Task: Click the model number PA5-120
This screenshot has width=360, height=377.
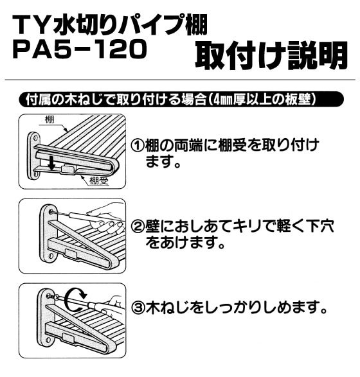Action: point(80,49)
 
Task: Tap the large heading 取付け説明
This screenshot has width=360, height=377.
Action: point(271,55)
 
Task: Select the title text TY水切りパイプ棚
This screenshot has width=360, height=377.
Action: point(110,24)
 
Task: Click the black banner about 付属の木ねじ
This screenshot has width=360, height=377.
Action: point(181,99)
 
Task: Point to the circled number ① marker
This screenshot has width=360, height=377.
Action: point(138,145)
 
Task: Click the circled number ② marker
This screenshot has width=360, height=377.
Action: point(138,226)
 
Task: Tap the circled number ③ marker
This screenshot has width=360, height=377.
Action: point(138,307)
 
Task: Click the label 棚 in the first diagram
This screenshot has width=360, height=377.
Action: point(50,119)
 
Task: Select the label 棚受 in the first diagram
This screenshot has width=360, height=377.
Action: point(99,180)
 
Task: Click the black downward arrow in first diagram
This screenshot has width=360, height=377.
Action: point(52,162)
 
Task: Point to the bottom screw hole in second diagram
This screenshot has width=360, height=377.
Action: point(51,256)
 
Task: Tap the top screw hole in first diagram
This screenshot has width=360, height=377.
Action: point(35,138)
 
